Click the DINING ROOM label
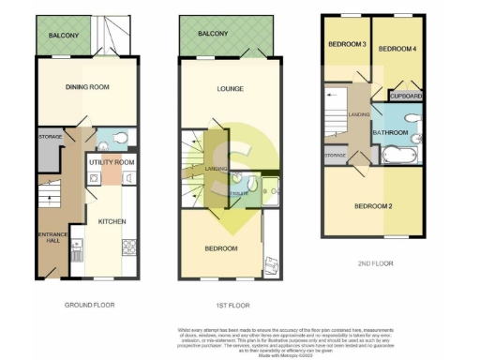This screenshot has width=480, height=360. point(88,87)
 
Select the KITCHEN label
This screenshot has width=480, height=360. point(112,222)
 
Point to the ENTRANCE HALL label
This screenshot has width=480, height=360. point(48,237)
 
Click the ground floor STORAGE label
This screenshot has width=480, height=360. point(51,138)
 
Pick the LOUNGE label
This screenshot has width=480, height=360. point(231,89)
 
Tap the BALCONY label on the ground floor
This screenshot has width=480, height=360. point(65,36)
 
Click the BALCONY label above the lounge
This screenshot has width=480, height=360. point(213,34)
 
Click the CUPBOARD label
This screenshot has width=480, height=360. point(406,96)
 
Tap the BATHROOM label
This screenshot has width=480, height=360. point(390,133)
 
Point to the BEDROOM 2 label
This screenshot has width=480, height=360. point(373,205)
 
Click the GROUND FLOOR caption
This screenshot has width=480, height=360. point(88,306)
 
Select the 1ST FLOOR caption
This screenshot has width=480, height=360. point(232,306)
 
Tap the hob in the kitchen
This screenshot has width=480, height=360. point(129,247)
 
